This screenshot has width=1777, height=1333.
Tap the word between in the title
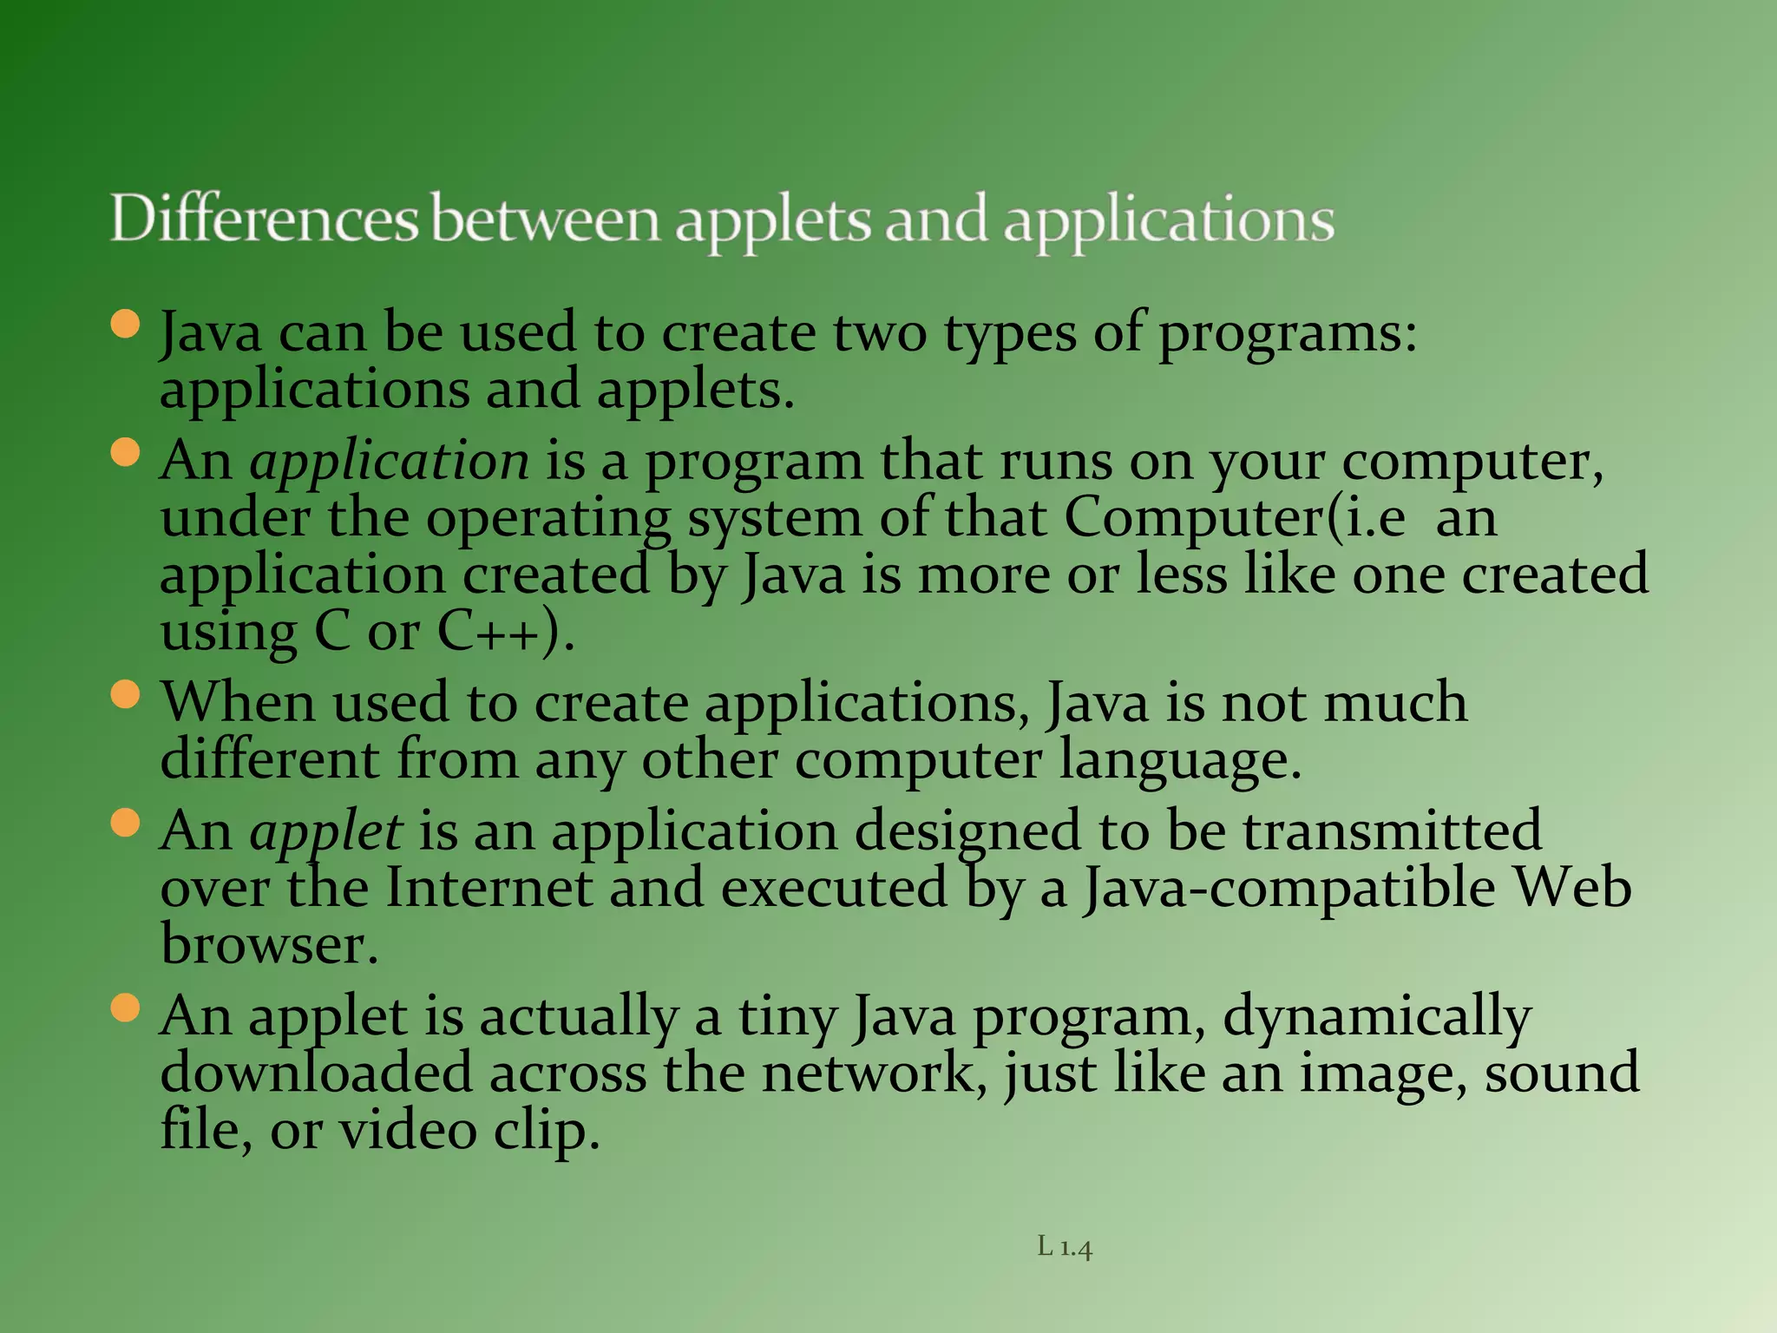coord(545,219)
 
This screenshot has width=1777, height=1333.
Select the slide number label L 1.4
coord(1065,1247)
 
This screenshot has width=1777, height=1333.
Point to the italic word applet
coord(325,831)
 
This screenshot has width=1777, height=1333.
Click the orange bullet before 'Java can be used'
coord(126,325)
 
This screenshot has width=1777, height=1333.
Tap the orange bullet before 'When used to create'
coord(126,694)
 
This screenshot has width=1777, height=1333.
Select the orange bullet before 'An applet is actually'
coord(126,1008)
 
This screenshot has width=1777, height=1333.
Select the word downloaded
coord(316,1074)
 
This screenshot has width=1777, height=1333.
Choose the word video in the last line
coord(407,1131)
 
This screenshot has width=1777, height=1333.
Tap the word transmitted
coord(1393,831)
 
